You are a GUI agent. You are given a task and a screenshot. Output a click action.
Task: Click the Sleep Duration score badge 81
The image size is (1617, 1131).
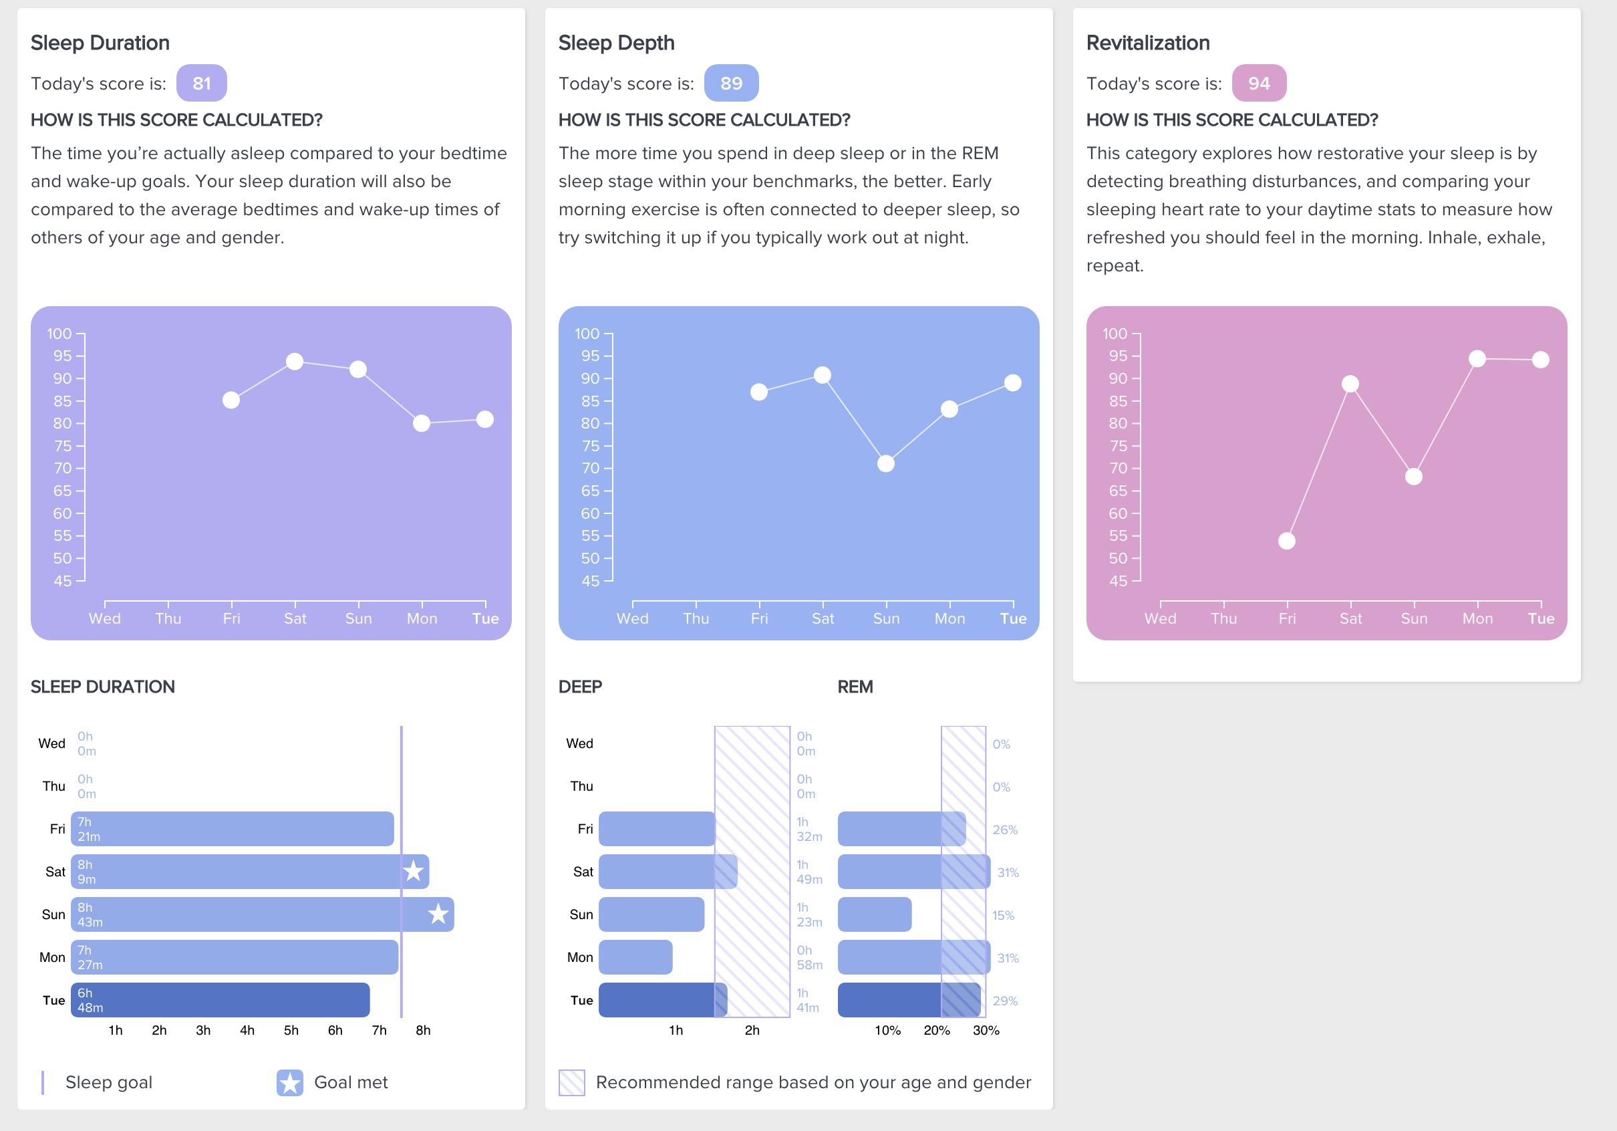(201, 83)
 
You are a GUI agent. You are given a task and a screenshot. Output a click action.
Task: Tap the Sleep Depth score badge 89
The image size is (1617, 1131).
(731, 83)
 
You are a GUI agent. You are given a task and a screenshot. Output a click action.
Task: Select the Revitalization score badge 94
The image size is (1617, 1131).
(1259, 83)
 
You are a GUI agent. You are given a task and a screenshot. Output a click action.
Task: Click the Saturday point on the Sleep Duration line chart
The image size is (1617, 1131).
(295, 362)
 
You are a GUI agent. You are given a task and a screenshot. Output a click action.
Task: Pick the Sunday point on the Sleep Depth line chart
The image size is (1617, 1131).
(886, 464)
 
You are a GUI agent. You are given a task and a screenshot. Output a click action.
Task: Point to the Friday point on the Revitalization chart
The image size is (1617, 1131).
(1287, 541)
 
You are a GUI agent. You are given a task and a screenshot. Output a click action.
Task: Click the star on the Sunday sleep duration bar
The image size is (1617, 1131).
(438, 914)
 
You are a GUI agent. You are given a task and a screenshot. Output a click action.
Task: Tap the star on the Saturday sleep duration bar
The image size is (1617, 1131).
(414, 872)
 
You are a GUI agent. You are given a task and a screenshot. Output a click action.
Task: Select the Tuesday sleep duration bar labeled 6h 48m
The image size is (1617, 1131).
(220, 1000)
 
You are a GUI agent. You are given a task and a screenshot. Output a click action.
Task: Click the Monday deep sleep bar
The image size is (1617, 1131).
(635, 957)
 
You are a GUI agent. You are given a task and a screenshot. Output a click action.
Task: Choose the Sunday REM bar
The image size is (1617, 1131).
(875, 914)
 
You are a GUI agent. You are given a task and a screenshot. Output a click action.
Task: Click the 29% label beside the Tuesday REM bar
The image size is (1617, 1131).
(1005, 1001)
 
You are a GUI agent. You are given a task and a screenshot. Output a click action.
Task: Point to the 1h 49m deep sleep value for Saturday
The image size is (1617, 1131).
(809, 872)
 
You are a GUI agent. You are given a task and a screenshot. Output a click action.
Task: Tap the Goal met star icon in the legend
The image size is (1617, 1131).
(290, 1083)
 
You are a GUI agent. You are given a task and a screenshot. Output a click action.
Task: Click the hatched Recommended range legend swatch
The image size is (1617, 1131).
(571, 1083)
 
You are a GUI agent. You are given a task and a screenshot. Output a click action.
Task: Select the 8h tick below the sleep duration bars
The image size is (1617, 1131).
(423, 1030)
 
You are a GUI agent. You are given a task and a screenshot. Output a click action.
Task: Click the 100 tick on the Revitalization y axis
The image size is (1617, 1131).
(1115, 334)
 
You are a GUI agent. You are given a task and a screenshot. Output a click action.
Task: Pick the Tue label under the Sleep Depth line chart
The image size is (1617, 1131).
(1013, 619)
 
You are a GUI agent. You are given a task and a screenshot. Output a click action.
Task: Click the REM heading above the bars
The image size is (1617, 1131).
(855, 687)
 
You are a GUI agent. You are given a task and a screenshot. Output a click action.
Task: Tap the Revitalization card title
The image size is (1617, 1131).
(1148, 43)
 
